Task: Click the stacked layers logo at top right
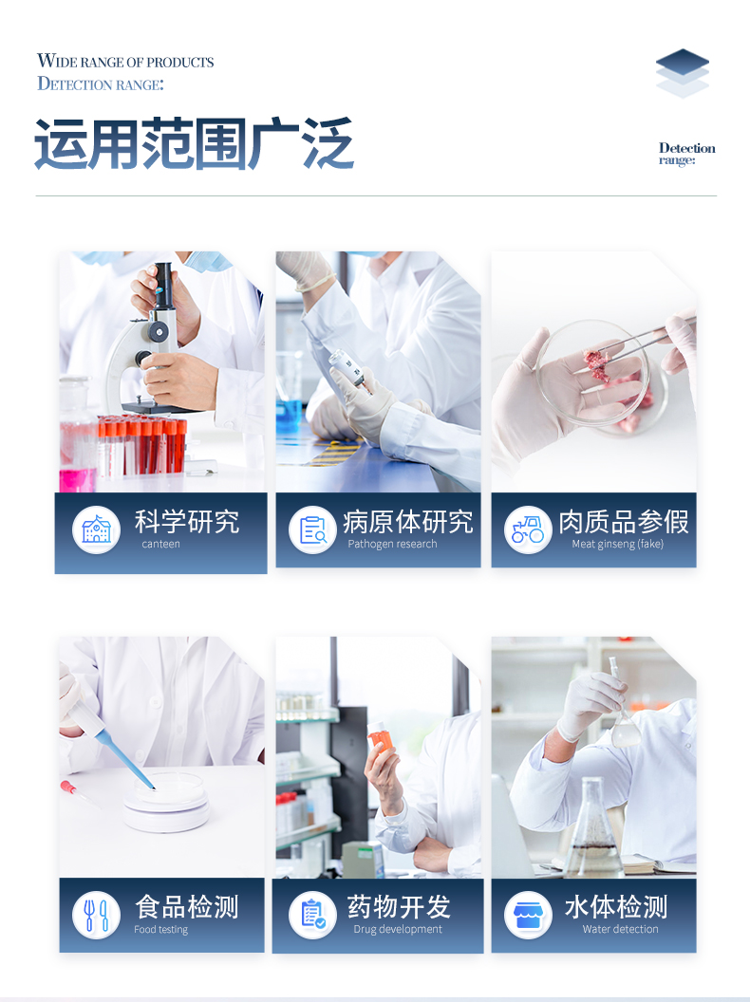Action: coord(683,73)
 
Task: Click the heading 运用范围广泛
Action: coord(194,143)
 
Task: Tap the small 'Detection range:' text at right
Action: coord(686,154)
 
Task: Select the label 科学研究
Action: coord(187,522)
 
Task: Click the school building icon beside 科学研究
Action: coord(97,529)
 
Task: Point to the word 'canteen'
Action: coord(160,544)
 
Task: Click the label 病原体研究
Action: coord(408,522)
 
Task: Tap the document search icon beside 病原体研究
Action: coord(312,529)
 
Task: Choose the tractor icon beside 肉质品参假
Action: coord(528,529)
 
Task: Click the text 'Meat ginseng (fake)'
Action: coord(618,544)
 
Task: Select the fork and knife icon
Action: coord(97,915)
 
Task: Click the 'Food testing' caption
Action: coord(160,929)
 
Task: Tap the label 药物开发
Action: coord(399,907)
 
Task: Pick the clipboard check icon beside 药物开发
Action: coord(312,915)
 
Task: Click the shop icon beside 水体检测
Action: coord(528,915)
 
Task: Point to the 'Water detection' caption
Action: coord(620,929)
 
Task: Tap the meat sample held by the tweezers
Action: coord(596,364)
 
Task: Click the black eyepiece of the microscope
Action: coord(163,284)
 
